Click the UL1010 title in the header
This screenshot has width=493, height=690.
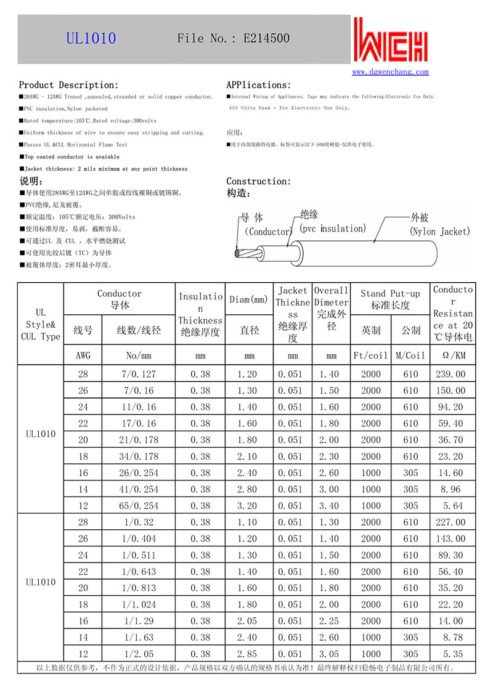click(x=91, y=38)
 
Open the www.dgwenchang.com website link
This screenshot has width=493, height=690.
click(x=390, y=72)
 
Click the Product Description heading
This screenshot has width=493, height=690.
click(x=68, y=85)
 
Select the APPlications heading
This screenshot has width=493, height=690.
click(x=258, y=85)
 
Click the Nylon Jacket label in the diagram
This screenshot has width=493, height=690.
click(x=439, y=232)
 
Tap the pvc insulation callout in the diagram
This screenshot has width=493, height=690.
click(x=332, y=229)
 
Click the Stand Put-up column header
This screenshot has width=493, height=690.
click(x=390, y=299)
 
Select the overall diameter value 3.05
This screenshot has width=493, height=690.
click(x=332, y=654)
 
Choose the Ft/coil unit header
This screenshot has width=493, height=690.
click(x=370, y=355)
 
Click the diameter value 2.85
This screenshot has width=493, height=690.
click(x=250, y=654)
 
